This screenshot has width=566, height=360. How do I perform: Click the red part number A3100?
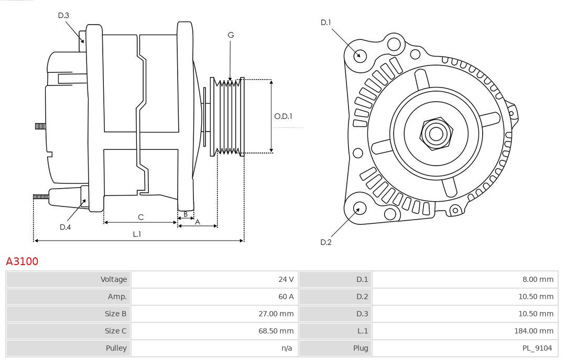point(22,261)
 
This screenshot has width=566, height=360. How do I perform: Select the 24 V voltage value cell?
point(286,279)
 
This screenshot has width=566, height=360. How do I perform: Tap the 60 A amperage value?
point(286,297)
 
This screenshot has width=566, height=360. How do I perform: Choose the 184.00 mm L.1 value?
point(534,331)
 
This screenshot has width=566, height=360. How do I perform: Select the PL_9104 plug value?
point(538,348)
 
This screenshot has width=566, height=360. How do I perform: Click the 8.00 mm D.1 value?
point(538,279)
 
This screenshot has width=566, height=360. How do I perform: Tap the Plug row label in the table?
point(361,348)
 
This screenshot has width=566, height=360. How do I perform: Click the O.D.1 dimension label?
point(283,116)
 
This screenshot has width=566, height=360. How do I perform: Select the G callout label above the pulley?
point(231,35)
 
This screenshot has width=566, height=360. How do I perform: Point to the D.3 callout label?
point(63,15)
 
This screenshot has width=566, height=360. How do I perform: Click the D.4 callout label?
point(65,227)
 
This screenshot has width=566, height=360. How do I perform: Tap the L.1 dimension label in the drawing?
point(137,234)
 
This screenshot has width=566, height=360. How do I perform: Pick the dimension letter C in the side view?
point(140,217)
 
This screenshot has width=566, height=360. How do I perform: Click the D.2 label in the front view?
point(326,242)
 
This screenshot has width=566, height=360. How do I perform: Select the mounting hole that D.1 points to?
point(360,55)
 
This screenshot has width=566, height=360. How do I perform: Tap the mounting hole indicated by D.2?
point(358,209)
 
